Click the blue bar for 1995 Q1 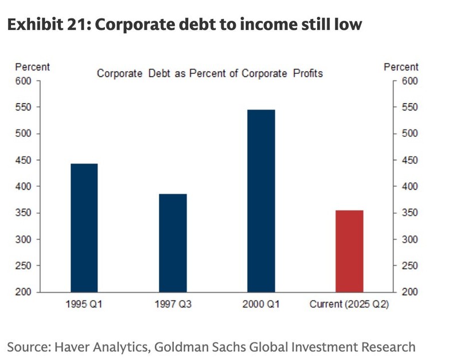84,227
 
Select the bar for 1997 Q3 173,243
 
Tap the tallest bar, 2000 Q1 261,200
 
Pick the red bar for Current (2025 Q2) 349,251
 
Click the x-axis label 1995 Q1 84,304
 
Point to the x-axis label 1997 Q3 173,304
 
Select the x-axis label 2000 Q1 261,304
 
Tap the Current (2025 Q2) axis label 349,304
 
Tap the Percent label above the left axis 33,67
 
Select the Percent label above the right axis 401,67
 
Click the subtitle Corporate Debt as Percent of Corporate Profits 210,73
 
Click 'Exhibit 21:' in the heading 46,25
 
